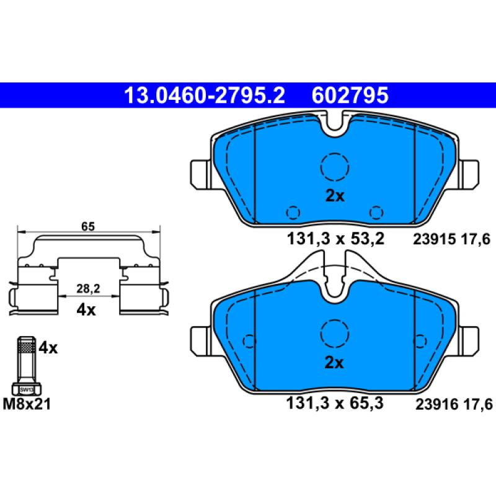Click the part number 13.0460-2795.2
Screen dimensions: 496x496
click(x=204, y=95)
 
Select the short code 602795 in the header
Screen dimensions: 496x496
click(x=351, y=95)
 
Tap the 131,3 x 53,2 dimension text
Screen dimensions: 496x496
click(x=335, y=238)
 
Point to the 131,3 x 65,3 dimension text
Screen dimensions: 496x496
click(x=335, y=404)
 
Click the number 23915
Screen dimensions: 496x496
click(x=432, y=239)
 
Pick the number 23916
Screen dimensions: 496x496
click(x=432, y=404)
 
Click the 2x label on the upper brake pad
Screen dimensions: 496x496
click(x=335, y=197)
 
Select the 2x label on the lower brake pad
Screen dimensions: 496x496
click(x=335, y=363)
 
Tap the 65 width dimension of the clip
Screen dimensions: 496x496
click(x=87, y=227)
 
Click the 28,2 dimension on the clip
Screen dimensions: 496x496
click(x=87, y=288)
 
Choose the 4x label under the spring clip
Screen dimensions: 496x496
click(x=87, y=310)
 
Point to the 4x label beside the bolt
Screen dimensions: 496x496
click(x=48, y=348)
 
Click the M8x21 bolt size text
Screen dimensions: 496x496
click(x=29, y=405)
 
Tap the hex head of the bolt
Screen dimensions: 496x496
click(x=27, y=389)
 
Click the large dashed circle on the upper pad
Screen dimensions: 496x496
click(x=335, y=166)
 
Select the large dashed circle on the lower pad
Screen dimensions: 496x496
click(x=335, y=333)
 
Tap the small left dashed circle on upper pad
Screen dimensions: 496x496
click(x=293, y=212)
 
